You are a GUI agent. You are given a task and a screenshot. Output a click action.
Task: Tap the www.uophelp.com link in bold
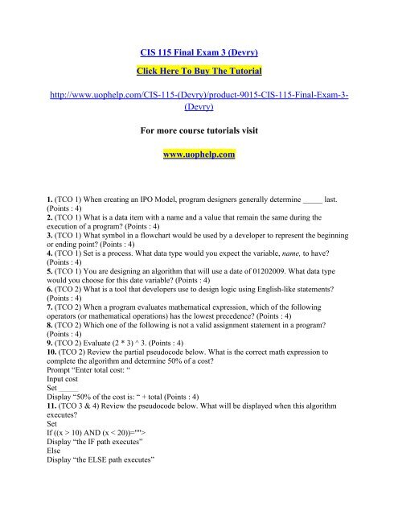(199, 154)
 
